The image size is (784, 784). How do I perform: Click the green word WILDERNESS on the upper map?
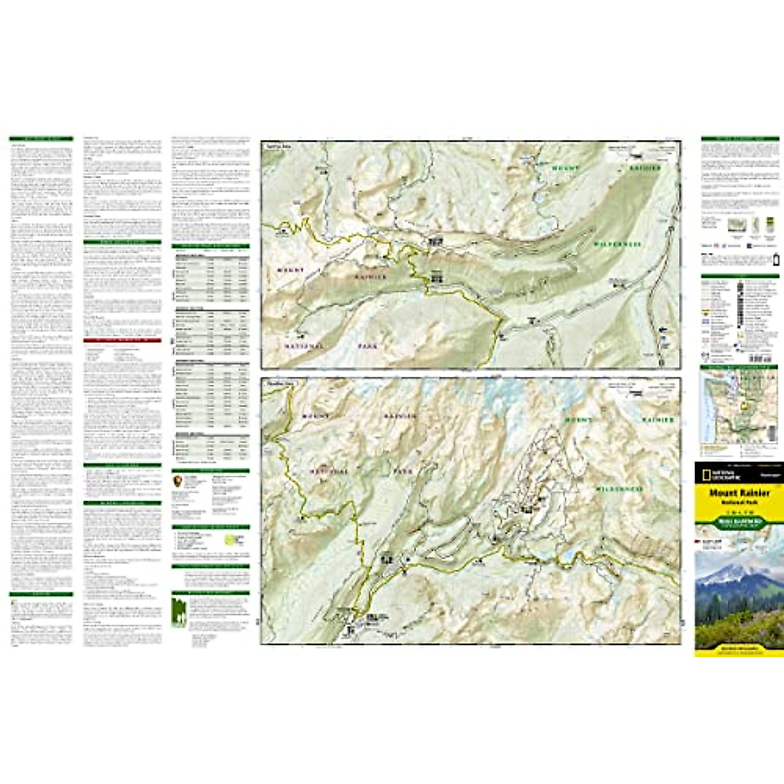point(617,244)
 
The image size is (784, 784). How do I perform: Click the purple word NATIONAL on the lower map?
point(329,470)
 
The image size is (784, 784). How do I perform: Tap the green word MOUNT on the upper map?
point(565,169)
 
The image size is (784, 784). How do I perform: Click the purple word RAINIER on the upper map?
point(370,276)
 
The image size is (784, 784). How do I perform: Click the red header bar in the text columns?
point(122,340)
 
